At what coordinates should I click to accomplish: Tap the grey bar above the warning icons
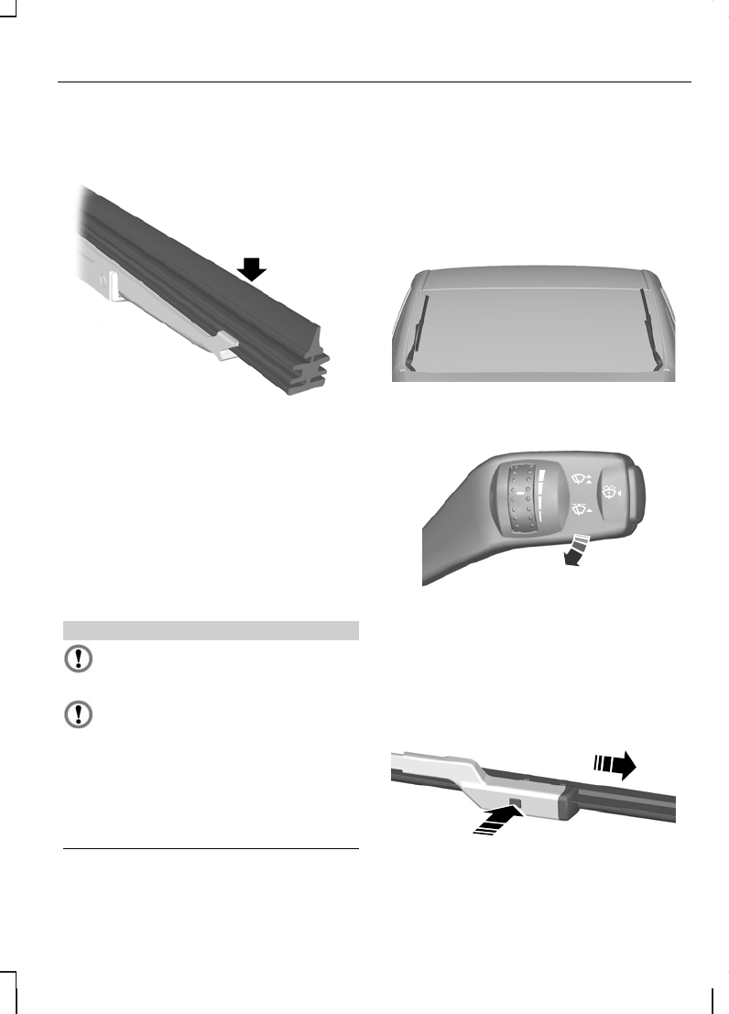pos(210,630)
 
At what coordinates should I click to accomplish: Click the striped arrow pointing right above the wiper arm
pos(615,766)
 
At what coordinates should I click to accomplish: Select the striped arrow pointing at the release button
pos(494,819)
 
